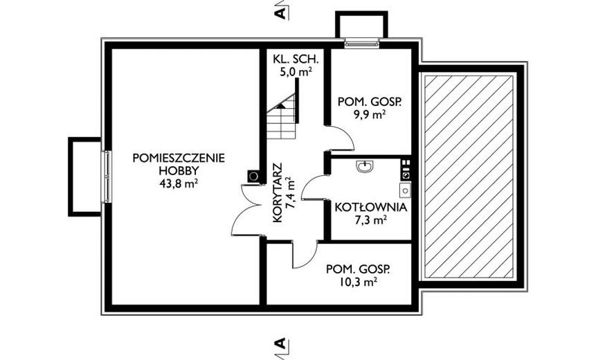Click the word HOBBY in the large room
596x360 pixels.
[179, 171]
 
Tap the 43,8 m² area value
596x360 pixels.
[179, 183]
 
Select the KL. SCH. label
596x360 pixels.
[296, 59]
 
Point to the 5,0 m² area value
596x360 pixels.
[296, 72]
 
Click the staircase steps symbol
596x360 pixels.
[281, 117]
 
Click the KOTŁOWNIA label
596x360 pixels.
[370, 208]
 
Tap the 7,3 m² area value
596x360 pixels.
[371, 220]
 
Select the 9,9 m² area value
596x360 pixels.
[370, 115]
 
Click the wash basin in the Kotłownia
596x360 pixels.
[365, 167]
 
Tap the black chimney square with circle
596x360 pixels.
[253, 176]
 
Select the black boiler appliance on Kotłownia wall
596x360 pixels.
[406, 169]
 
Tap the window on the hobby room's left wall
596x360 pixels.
[108, 177]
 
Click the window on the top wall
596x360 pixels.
[362, 44]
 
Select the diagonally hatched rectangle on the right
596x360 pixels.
[469, 177]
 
